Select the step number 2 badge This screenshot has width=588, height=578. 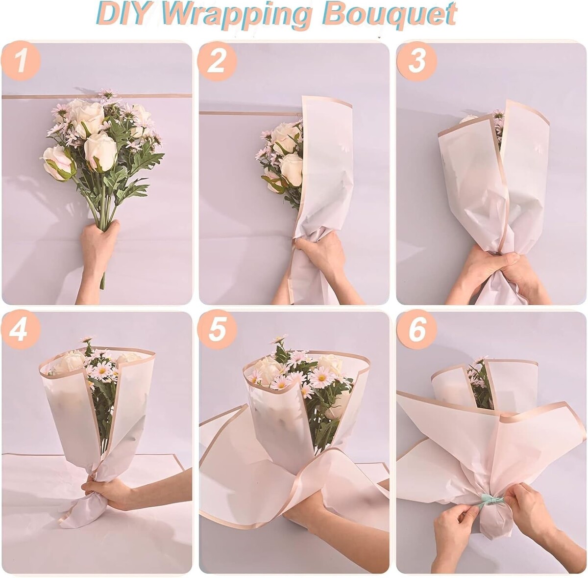pyautogui.click(x=217, y=61)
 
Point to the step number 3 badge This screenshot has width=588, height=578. pyautogui.click(x=416, y=61)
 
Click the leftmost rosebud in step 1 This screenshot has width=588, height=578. pyautogui.click(x=58, y=164)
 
